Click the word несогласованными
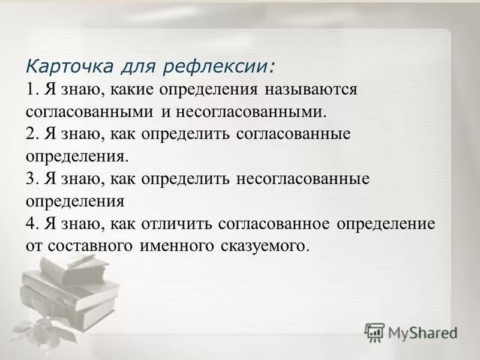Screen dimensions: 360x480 pos(251,112)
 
